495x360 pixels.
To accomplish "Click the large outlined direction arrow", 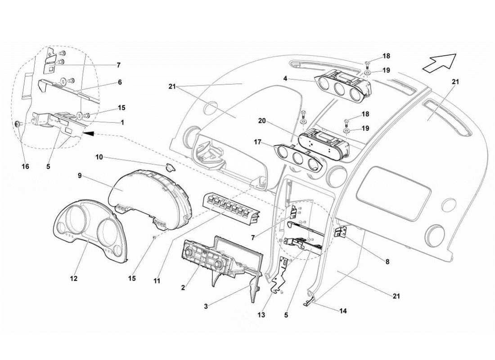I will tap(439, 62).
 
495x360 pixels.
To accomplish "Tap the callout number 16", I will tap(25, 166).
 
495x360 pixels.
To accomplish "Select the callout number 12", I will tap(74, 279).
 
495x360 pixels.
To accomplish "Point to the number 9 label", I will tap(80, 176).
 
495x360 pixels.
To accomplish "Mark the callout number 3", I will tap(205, 306).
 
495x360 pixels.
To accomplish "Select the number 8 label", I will tap(387, 261).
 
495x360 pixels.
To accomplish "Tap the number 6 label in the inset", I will tap(120, 82).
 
